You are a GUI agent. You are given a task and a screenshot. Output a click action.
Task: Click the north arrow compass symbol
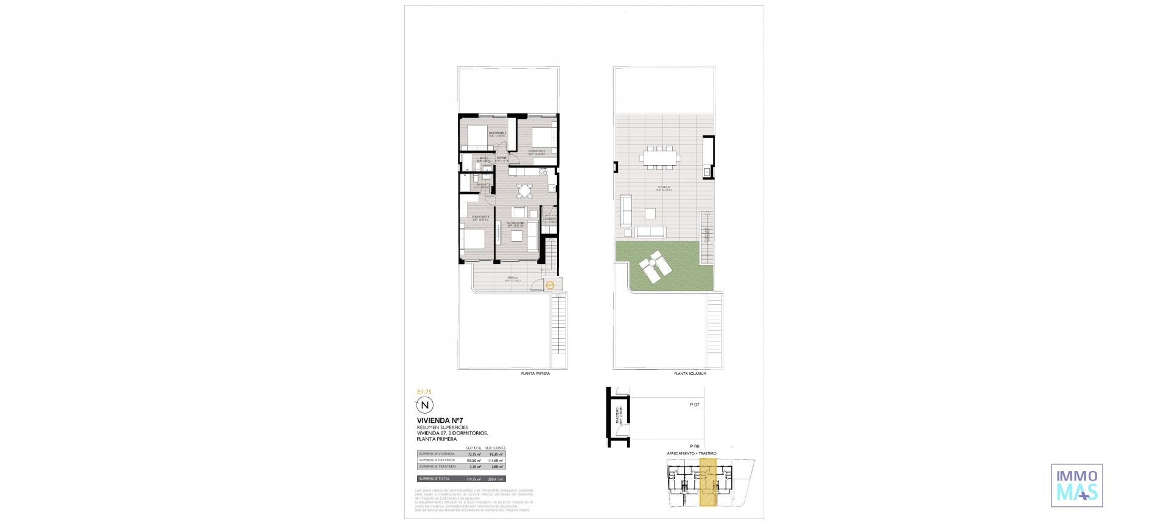(425, 405)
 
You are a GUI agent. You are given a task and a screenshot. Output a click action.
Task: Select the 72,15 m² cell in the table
(474, 454)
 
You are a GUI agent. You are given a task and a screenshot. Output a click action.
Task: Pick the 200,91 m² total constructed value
(497, 479)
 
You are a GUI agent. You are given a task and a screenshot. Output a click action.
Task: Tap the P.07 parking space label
(694, 405)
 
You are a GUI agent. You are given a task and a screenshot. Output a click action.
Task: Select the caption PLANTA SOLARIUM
(690, 374)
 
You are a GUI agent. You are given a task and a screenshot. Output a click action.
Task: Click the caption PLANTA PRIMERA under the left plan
(535, 374)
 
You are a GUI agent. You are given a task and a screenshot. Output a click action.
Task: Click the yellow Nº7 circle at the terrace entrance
(549, 285)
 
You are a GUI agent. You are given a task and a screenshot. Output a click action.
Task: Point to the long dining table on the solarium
(659, 157)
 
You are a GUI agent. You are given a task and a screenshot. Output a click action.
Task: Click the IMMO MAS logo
(1076, 485)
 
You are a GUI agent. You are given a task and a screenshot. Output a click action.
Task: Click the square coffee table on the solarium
(651, 214)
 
